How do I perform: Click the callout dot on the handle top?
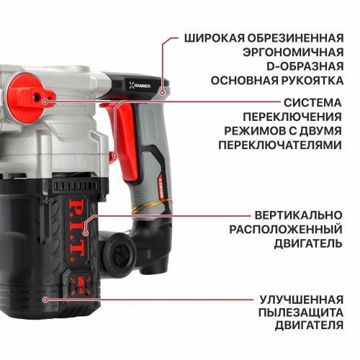(x=163, y=91)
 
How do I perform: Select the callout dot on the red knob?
(x=45, y=102)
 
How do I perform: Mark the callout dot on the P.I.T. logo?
(x=85, y=233)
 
